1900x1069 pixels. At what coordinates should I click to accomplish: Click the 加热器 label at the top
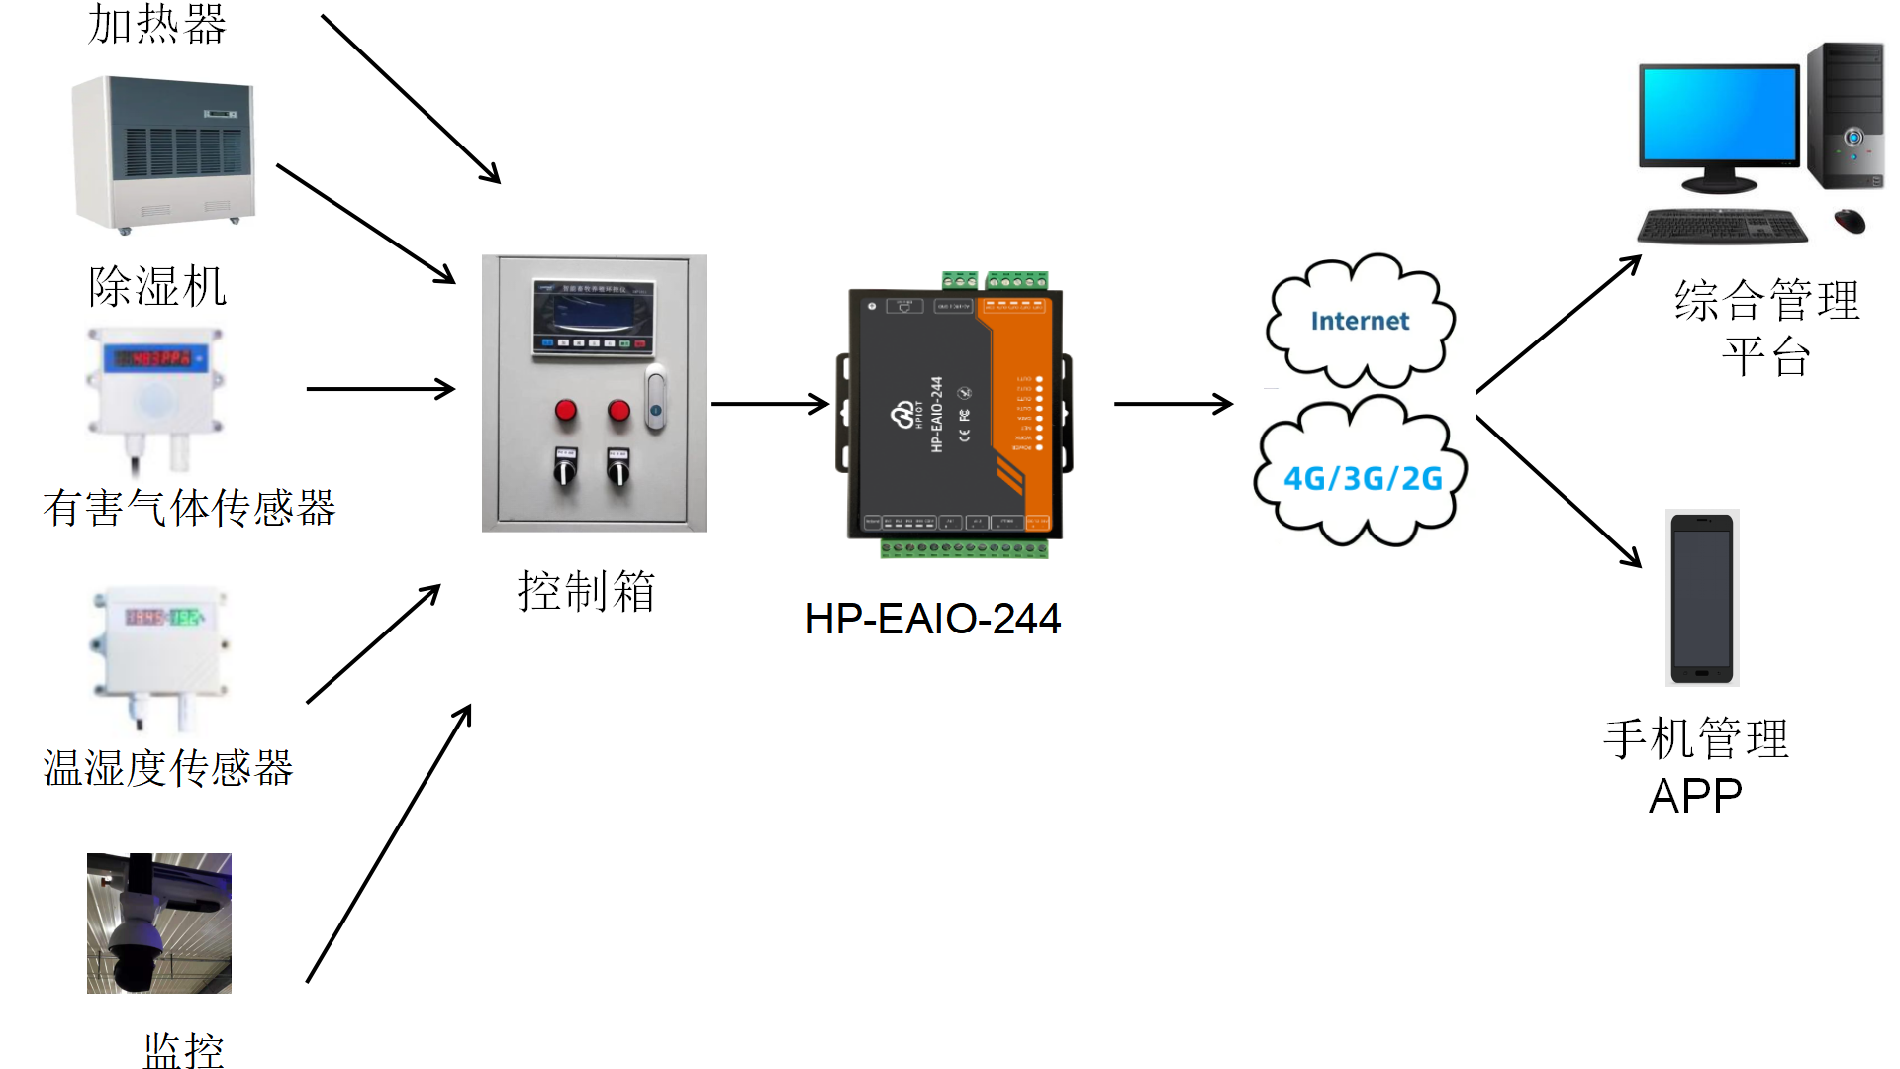point(157,24)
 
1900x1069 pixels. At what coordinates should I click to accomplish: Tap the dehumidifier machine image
point(164,153)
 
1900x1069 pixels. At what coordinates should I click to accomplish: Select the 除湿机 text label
point(157,287)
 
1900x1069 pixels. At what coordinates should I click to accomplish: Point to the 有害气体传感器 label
point(189,508)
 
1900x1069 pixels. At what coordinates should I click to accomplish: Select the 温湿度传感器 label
point(168,768)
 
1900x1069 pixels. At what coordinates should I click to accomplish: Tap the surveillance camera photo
point(159,923)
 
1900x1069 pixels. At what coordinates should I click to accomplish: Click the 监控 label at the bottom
point(183,1049)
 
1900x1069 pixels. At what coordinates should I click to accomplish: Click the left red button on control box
point(566,410)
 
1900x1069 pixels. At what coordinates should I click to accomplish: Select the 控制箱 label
point(586,591)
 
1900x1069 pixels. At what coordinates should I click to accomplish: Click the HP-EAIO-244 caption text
point(932,619)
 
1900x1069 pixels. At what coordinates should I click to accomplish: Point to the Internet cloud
point(1360,321)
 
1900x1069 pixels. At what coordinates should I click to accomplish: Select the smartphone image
point(1702,598)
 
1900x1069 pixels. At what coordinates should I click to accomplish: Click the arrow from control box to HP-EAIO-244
point(769,404)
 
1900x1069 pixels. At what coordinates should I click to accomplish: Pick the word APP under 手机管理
point(1695,796)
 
